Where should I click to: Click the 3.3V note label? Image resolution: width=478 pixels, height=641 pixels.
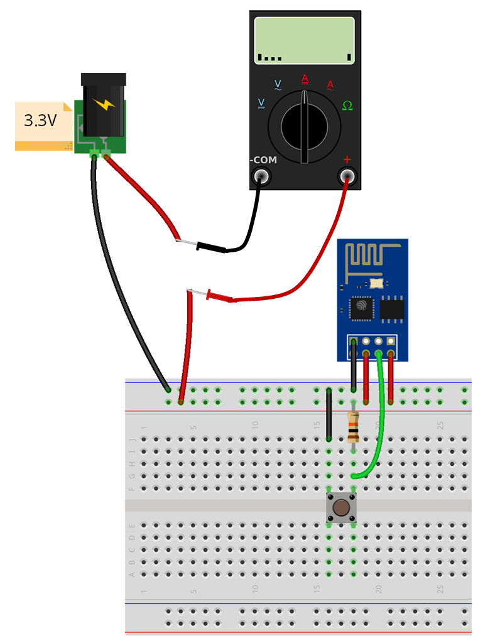pos(40,121)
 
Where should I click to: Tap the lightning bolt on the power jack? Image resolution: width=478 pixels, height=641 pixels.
pos(104,104)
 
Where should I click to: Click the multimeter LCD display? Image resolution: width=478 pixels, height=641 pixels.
pos(305,40)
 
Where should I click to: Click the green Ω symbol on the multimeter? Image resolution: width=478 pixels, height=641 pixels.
pos(347,105)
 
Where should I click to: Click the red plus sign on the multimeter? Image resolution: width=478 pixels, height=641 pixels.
pos(347,160)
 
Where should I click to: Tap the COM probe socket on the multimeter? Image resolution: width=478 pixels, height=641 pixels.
pos(261,177)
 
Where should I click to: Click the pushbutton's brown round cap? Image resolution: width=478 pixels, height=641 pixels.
pos(341,507)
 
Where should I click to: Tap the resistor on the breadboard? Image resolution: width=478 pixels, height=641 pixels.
pos(354,428)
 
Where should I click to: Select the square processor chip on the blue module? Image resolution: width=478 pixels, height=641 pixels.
pos(361,306)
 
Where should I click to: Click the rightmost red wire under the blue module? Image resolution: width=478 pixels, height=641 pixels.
pos(391,377)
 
